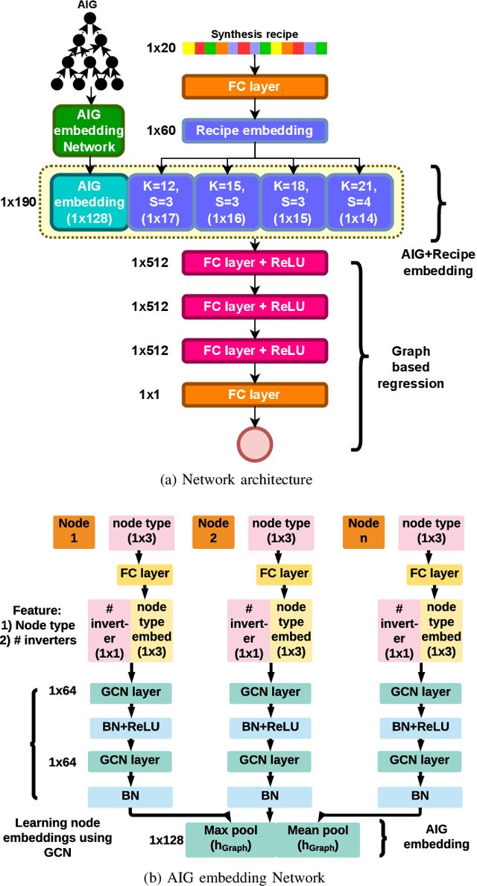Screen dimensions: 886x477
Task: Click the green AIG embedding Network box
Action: pos(88,131)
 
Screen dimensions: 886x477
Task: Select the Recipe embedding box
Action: pos(254,131)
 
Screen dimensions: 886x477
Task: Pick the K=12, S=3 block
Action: pos(159,201)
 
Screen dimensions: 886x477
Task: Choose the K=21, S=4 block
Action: pos(358,201)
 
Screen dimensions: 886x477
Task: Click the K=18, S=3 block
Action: pos(292,201)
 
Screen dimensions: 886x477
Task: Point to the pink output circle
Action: pos(255,445)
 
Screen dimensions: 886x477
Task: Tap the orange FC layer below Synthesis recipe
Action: pos(254,87)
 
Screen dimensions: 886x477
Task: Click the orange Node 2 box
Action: pos(213,530)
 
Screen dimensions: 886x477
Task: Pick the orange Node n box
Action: pos(364,530)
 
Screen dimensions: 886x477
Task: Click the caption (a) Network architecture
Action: pos(236,480)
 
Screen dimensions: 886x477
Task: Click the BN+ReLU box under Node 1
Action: pos(130,726)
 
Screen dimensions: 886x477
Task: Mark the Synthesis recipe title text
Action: pos(254,34)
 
